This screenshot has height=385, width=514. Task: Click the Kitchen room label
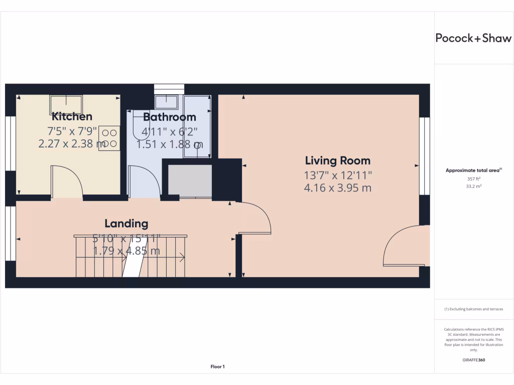tap(72, 117)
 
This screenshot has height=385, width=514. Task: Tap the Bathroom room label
tap(169, 117)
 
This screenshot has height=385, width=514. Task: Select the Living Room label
tap(338, 160)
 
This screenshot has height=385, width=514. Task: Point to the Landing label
tap(126, 224)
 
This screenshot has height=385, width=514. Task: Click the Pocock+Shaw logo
tap(473, 38)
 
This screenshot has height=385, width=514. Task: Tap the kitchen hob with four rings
tap(109, 138)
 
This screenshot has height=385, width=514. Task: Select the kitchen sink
tap(65, 104)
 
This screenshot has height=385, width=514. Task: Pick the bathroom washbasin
tap(166, 102)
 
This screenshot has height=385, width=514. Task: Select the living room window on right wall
tap(425, 156)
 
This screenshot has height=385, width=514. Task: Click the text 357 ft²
tap(474, 178)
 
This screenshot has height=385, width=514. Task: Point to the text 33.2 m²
tap(474, 186)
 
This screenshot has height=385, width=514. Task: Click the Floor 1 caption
tap(217, 367)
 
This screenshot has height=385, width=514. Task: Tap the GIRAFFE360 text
tap(474, 360)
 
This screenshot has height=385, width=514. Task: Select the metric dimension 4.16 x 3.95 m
tap(337, 188)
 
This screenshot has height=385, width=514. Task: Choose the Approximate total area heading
tap(473, 170)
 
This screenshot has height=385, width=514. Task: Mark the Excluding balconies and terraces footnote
tap(473, 309)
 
